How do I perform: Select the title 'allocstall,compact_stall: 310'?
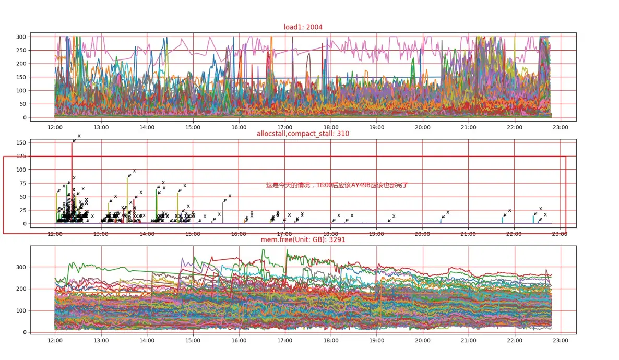tap(303, 134)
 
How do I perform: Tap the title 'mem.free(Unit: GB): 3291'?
tap(303, 240)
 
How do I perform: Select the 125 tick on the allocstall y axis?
tap(21, 156)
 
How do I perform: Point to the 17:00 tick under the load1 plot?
tap(284, 127)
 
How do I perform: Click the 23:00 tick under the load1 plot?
tap(560, 127)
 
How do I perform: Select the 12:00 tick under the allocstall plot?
tap(55, 234)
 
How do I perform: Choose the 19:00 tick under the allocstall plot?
tap(376, 234)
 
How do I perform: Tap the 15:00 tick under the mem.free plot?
tap(193, 340)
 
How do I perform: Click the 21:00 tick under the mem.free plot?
tap(468, 340)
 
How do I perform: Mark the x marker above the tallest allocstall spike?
tap(79, 136)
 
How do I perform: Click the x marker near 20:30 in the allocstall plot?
tap(448, 212)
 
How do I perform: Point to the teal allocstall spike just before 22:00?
tap(503, 220)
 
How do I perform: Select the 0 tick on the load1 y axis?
tap(24, 117)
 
